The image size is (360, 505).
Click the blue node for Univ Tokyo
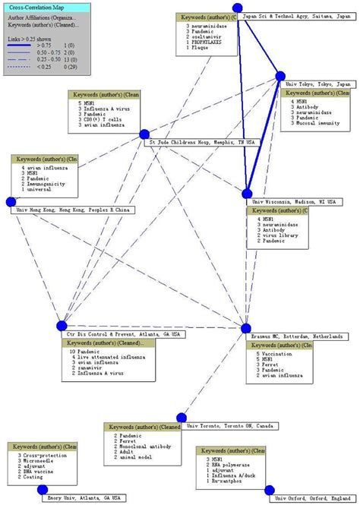[x=279, y=76]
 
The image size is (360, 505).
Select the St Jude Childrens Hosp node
[x=144, y=134]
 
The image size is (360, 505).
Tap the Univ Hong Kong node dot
[x=11, y=202]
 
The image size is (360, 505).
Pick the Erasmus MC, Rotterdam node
[x=245, y=328]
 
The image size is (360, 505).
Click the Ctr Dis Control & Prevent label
[x=122, y=335]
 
